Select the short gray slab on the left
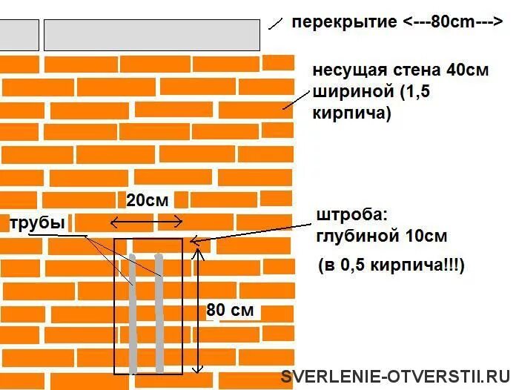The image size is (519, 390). point(19,35)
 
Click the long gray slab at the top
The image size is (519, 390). point(152,35)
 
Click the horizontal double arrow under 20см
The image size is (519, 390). point(146,220)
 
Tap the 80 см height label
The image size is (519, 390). point(231,311)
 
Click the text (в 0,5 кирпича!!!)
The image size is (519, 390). point(391,265)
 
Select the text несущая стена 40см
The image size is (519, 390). point(400,71)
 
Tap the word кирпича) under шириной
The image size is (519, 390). point(351,113)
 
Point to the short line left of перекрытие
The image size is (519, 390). point(274,22)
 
